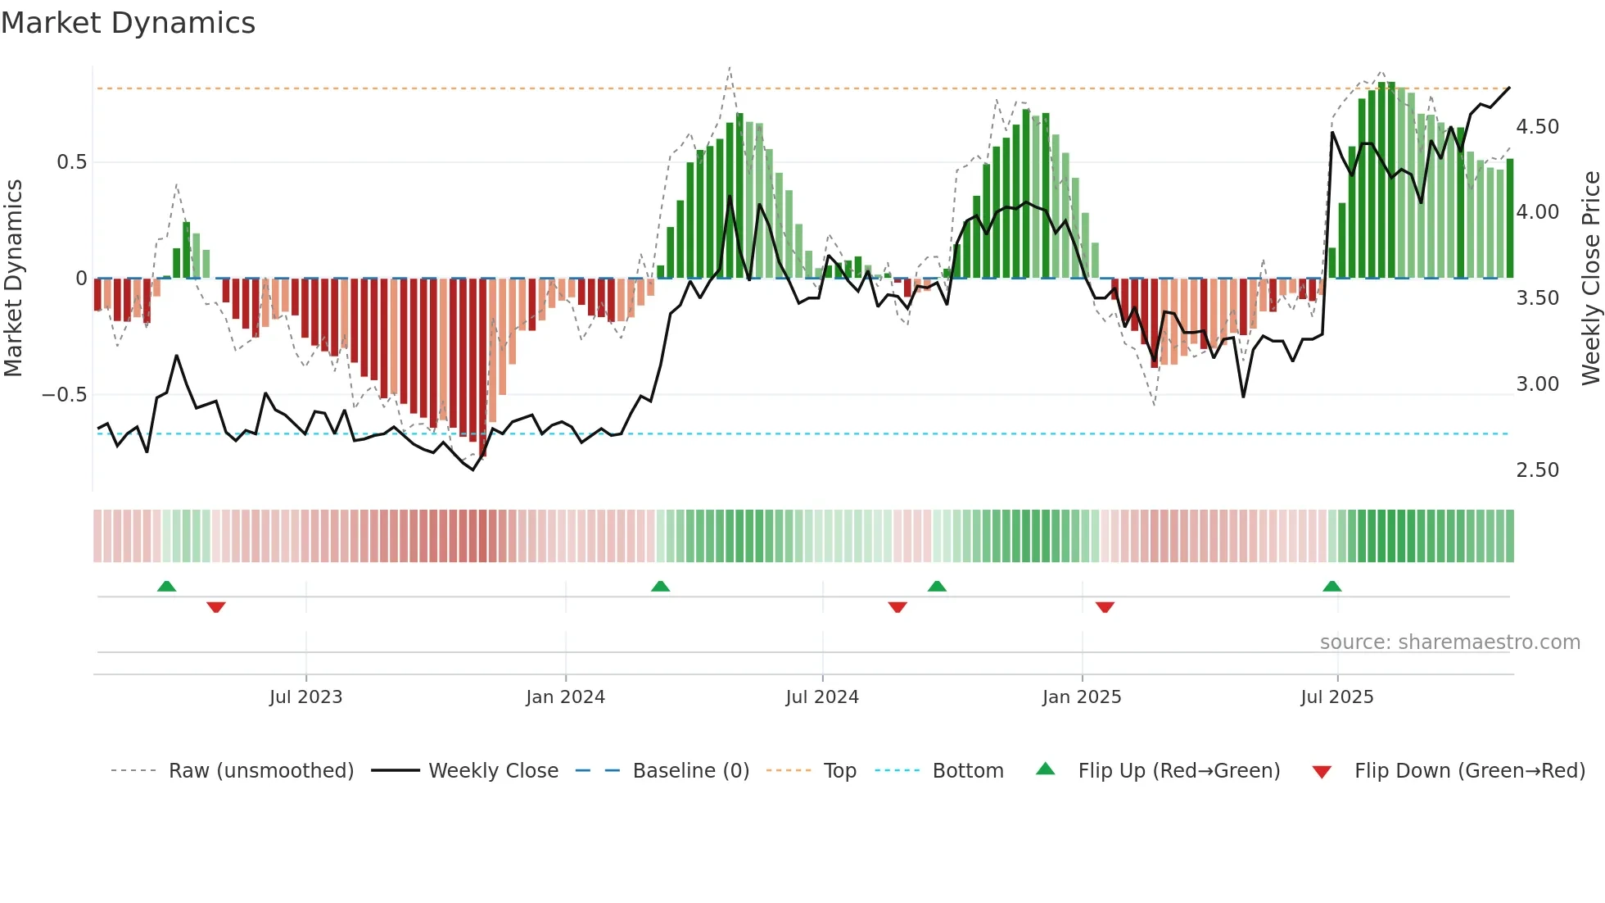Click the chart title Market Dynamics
click(x=128, y=23)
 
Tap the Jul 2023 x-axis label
click(x=305, y=697)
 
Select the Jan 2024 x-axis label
click(x=565, y=697)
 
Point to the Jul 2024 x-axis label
click(x=822, y=697)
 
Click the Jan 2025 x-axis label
click(x=1082, y=697)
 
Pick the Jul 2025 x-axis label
click(x=1337, y=697)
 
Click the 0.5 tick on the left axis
click(x=71, y=162)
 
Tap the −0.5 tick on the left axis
click(x=65, y=395)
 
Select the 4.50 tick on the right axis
click(x=1537, y=127)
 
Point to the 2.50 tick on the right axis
click(x=1537, y=470)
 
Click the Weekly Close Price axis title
click(x=1590, y=279)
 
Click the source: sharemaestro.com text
click(x=1449, y=642)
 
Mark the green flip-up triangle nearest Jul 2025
click(x=1331, y=587)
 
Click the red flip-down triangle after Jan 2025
click(x=1105, y=607)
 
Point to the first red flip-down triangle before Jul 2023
click(x=216, y=607)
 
